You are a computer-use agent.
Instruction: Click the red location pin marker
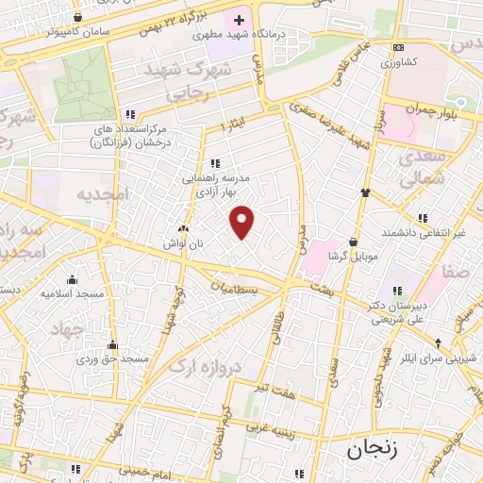click(243, 222)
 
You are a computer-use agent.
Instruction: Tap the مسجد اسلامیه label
click(71, 293)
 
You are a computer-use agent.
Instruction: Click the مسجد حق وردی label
click(113, 359)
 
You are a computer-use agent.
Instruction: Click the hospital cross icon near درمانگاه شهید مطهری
click(239, 19)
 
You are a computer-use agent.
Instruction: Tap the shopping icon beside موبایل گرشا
click(354, 240)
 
